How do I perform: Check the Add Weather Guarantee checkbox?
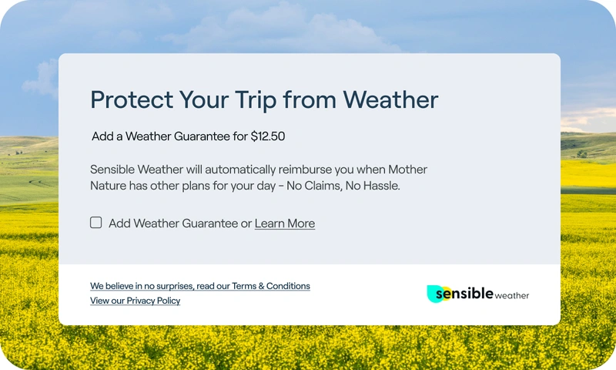coord(95,223)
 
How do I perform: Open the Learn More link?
coord(285,224)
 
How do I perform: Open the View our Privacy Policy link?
coord(136,301)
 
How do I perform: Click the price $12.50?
coord(268,136)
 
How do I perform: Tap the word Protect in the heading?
coord(132,99)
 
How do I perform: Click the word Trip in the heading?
coord(256,100)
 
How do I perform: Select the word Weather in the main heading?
coord(390,99)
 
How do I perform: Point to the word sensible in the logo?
coord(464,294)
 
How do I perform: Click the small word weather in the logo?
coord(512,296)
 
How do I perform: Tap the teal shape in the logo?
coord(434,294)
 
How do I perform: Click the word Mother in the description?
coord(407,170)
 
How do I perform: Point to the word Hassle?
coord(381,186)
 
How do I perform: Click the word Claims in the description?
coord(322,186)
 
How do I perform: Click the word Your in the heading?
coord(204,99)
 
